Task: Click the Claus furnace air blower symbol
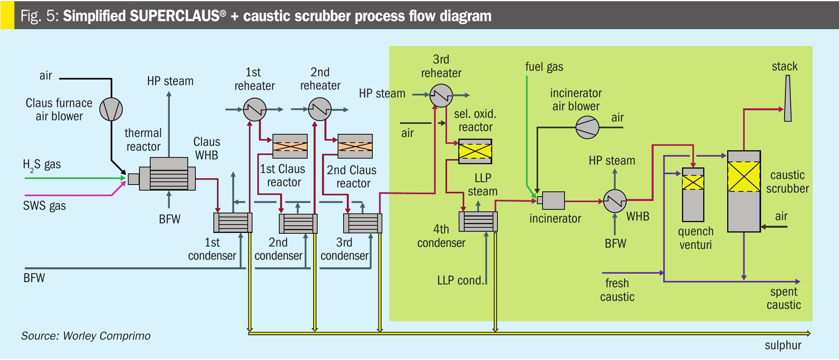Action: tap(111, 109)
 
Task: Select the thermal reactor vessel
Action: tap(168, 175)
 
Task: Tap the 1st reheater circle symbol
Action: tap(254, 109)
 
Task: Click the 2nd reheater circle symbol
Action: tap(320, 109)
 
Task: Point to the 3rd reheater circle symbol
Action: tap(441, 95)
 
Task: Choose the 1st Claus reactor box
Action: tap(290, 146)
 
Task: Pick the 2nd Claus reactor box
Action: tap(355, 146)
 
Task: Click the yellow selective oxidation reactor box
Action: tap(475, 151)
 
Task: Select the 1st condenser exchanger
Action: tap(233, 223)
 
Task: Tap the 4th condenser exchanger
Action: tap(478, 221)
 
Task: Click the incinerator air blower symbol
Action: tap(587, 127)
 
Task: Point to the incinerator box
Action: tap(553, 200)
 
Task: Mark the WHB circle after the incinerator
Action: tap(614, 201)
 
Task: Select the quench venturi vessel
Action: tap(693, 195)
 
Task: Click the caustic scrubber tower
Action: tap(744, 191)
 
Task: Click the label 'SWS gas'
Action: tap(44, 206)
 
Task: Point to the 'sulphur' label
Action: tap(783, 345)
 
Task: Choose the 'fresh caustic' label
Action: tap(617, 290)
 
